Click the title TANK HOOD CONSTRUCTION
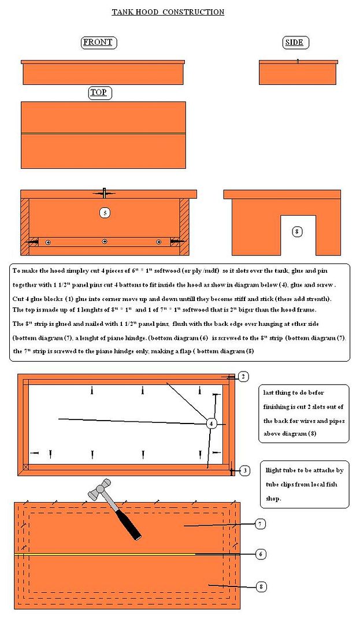pyautogui.click(x=168, y=12)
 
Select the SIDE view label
pyautogui.click(x=294, y=43)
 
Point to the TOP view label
pyautogui.click(x=99, y=92)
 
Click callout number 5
pyautogui.click(x=105, y=213)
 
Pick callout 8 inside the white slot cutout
pyautogui.click(x=297, y=232)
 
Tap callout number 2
pyautogui.click(x=243, y=377)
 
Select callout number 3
pyautogui.click(x=244, y=471)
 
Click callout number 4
pyautogui.click(x=211, y=424)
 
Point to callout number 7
pyautogui.click(x=260, y=524)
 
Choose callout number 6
pyautogui.click(x=261, y=554)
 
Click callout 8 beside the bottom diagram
pyautogui.click(x=261, y=586)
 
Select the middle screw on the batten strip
pyautogui.click(x=105, y=242)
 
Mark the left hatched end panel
pyautogui.click(x=25, y=227)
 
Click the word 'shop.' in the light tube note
pyautogui.click(x=274, y=499)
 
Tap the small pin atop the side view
pyautogui.click(x=298, y=61)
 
